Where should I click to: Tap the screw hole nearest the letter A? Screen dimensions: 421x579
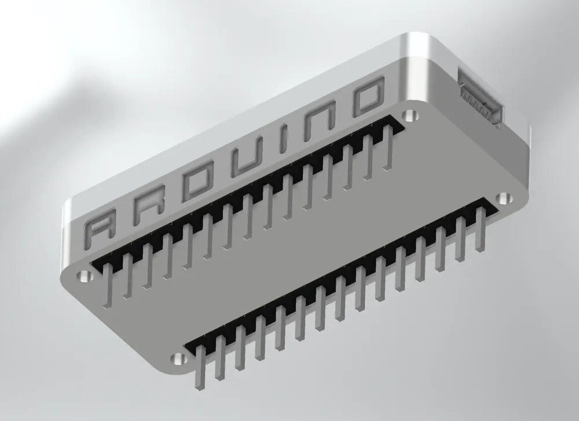click(85, 276)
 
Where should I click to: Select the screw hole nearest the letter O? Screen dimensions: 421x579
click(412, 114)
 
